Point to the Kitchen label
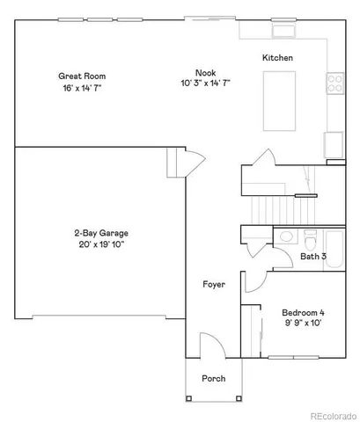tap(277, 58)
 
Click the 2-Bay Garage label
tap(100, 233)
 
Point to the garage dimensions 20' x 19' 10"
tap(100, 244)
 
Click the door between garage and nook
tap(180, 163)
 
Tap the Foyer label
tap(213, 285)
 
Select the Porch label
tap(213, 378)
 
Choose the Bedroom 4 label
tap(303, 312)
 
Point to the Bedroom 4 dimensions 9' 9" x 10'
tap(303, 324)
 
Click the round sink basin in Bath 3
tap(286, 236)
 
